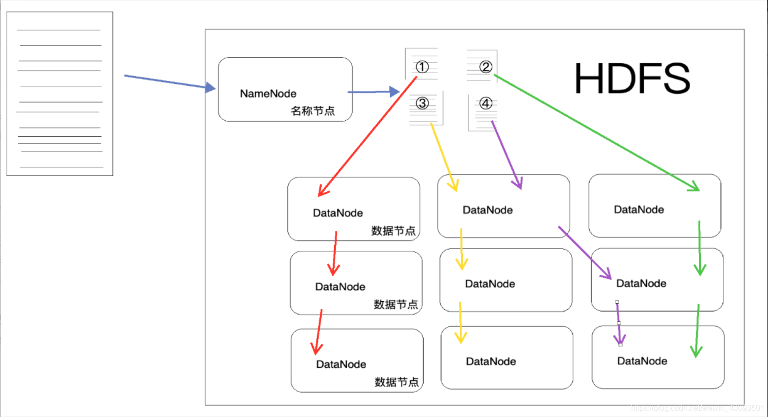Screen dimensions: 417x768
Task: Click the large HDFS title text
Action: point(632,78)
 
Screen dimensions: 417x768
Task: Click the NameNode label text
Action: point(268,94)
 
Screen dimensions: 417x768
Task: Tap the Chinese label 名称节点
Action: point(313,111)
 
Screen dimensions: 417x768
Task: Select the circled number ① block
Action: point(422,67)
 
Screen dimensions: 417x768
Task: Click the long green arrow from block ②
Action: point(596,132)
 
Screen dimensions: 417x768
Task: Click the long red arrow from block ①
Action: point(368,136)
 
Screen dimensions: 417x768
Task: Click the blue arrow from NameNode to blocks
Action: point(373,92)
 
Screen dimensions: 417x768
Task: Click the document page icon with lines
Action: point(60,94)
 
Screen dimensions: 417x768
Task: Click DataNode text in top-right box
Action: point(638,209)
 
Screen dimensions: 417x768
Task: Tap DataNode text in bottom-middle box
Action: point(491,362)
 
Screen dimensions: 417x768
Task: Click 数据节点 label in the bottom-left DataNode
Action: point(397,382)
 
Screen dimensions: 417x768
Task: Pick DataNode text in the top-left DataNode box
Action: point(338,213)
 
